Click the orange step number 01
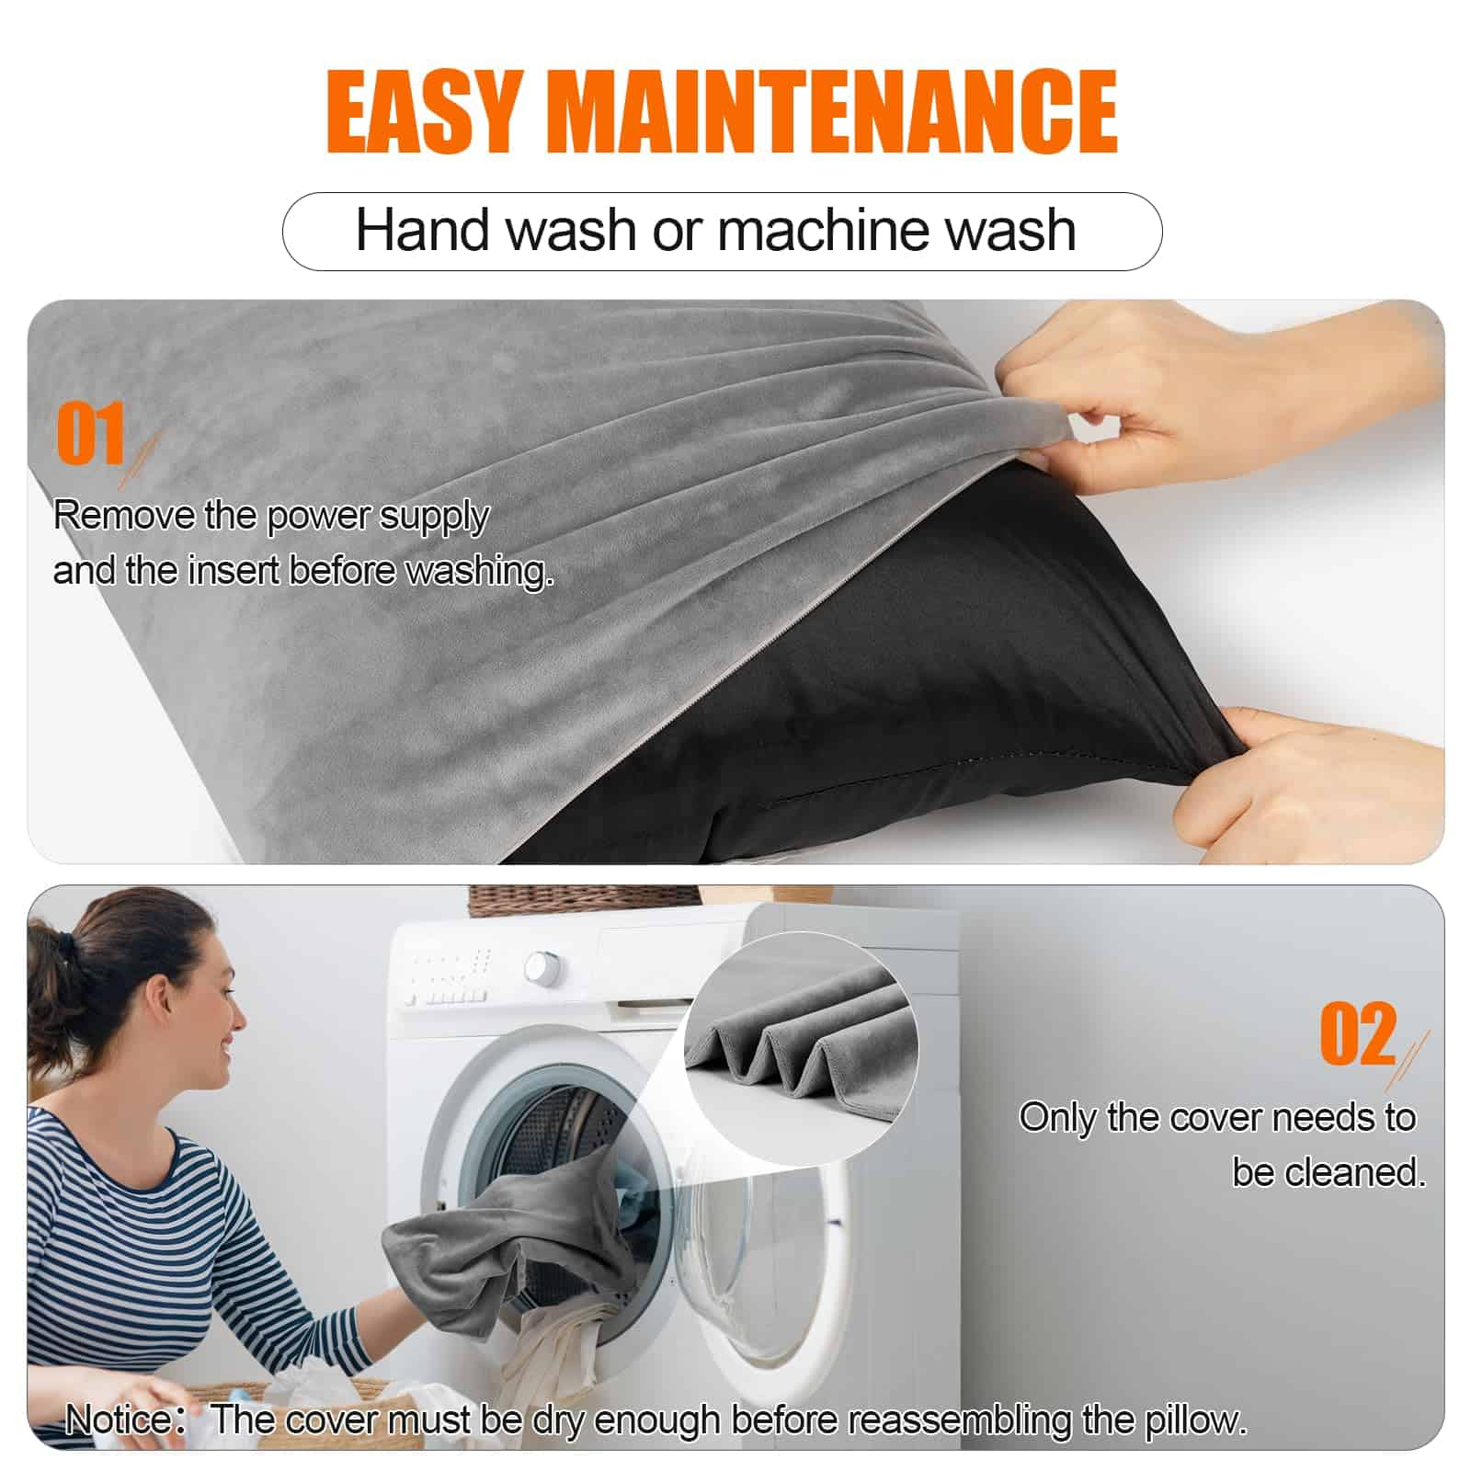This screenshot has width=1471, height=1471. [x=91, y=434]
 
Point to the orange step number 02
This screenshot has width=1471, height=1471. [x=1358, y=1034]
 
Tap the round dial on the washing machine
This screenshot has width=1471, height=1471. [x=541, y=967]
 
